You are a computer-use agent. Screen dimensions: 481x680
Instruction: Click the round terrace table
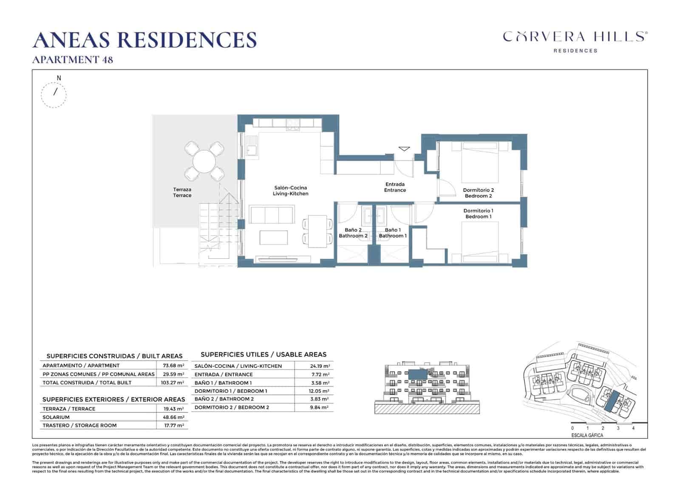click(204, 161)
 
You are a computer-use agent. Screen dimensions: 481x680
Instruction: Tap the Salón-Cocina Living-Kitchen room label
click(290, 191)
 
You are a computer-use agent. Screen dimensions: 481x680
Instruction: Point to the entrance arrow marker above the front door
click(404, 149)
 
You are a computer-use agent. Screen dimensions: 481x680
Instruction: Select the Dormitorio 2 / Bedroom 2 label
click(478, 193)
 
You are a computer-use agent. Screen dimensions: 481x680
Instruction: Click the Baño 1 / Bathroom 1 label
click(393, 233)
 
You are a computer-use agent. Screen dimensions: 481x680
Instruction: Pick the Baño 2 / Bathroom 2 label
click(353, 233)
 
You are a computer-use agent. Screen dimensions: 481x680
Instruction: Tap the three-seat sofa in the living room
click(272, 214)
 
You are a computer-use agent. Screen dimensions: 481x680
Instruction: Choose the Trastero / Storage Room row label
click(79, 425)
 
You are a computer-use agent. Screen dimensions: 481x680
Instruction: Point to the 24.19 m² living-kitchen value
click(320, 366)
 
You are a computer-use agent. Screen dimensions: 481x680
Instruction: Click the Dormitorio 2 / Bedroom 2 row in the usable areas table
click(232, 407)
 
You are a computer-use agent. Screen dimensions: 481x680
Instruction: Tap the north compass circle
click(54, 94)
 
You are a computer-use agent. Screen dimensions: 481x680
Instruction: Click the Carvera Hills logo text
click(575, 37)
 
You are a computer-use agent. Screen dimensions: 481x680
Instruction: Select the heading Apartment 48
click(73, 60)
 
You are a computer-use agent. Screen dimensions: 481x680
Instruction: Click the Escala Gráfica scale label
click(587, 435)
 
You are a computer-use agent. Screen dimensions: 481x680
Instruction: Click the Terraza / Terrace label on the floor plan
click(182, 192)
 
